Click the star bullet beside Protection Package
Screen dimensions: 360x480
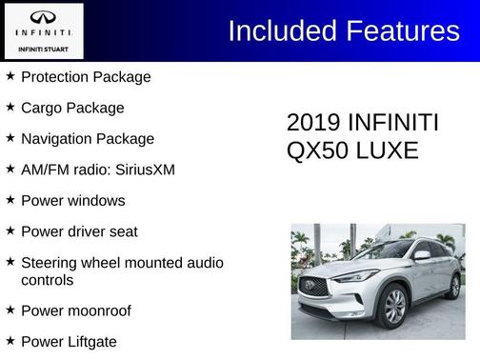click(x=10, y=76)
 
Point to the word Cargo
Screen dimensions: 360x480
click(x=42, y=108)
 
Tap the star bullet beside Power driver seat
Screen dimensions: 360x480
click(x=10, y=231)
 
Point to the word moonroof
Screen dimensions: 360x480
click(x=99, y=310)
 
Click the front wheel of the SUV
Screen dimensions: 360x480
click(x=394, y=308)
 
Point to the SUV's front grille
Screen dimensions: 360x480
click(x=314, y=287)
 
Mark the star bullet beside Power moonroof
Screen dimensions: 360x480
click(x=10, y=310)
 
